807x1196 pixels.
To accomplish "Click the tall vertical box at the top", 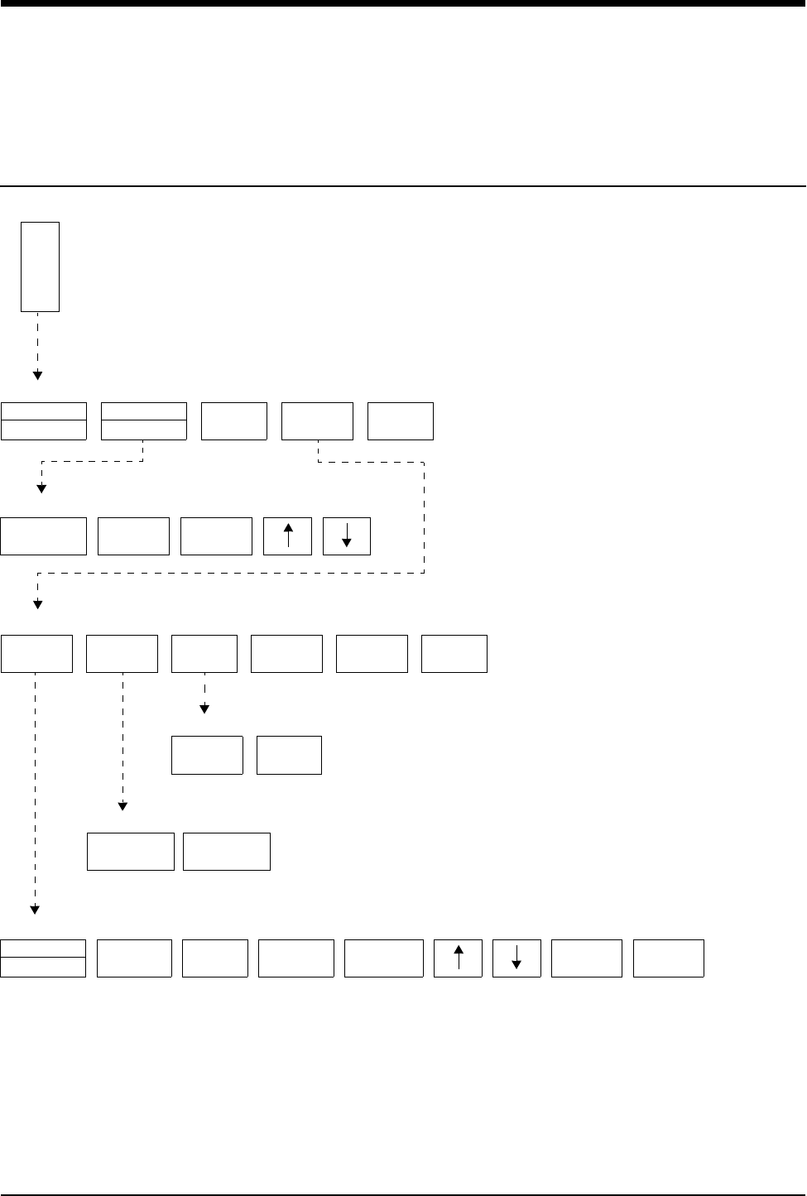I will pyautogui.click(x=40, y=267).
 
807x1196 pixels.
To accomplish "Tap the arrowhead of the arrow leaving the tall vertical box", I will pyautogui.click(x=37, y=376).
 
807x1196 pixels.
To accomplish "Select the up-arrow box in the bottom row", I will pyautogui.click(x=458, y=958).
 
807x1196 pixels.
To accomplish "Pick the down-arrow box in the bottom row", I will pyautogui.click(x=516, y=958).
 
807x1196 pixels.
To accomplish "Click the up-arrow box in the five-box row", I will pyautogui.click(x=287, y=536).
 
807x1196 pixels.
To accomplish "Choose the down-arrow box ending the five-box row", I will pyautogui.click(x=347, y=536).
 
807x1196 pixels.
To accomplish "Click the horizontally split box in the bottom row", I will pyautogui.click(x=43, y=958).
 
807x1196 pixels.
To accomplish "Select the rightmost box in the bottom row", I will pyautogui.click(x=669, y=958).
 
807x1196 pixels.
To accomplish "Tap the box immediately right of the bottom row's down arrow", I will pyautogui.click(x=587, y=958).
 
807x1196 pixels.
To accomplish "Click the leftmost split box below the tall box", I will pyautogui.click(x=44, y=421).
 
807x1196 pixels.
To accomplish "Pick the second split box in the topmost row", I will pyautogui.click(x=143, y=421).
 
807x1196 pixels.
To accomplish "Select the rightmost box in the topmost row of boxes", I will pyautogui.click(x=401, y=421).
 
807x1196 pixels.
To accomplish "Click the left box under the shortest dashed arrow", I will pyautogui.click(x=207, y=755).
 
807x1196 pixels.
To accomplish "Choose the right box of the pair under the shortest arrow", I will pyautogui.click(x=289, y=755).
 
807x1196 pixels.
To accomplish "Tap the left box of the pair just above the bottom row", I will pyautogui.click(x=131, y=852).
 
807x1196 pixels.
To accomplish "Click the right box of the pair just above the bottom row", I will pyautogui.click(x=227, y=852).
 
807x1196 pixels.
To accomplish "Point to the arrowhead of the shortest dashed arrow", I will pyautogui.click(x=204, y=709).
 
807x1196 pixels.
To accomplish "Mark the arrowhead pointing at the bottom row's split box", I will pyautogui.click(x=36, y=910).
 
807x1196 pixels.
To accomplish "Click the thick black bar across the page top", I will pyautogui.click(x=403, y=3).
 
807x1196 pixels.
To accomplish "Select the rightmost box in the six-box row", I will pyautogui.click(x=454, y=654).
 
